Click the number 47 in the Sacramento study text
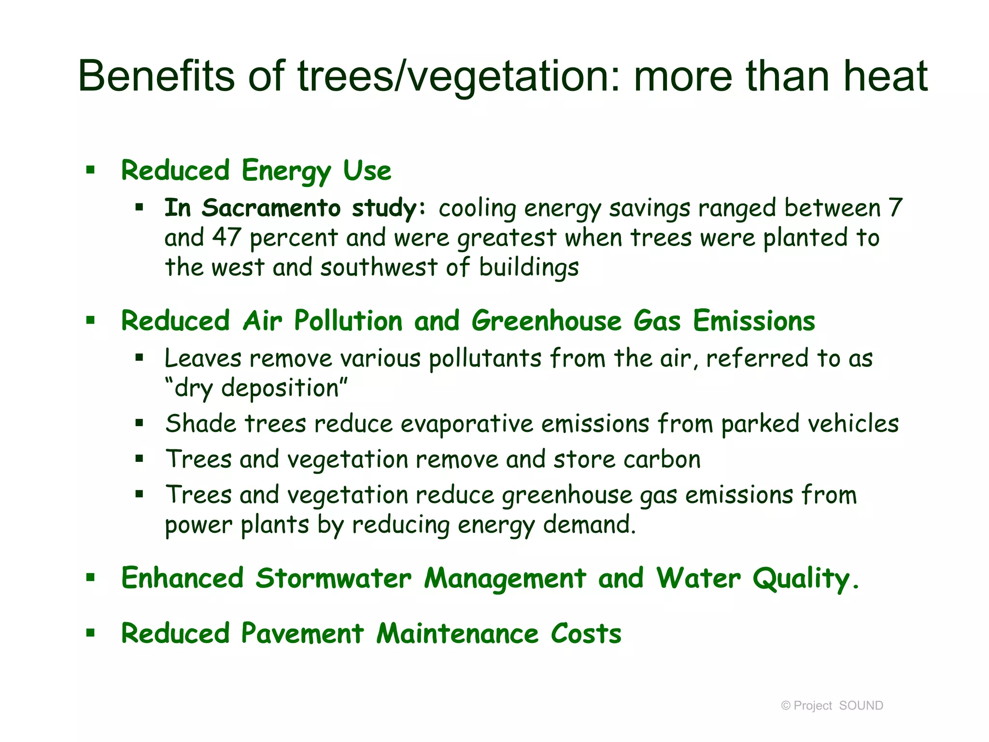click(226, 238)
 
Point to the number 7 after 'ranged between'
click(895, 208)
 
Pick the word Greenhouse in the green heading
click(546, 321)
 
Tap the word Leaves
click(203, 358)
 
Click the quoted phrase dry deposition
click(256, 388)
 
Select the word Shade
click(201, 424)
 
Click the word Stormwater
click(333, 578)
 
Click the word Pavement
click(302, 633)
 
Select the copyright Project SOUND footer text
click(832, 706)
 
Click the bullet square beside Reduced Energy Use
click(90, 170)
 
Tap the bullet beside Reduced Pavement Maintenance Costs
click(90, 632)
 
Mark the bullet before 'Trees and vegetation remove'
click(140, 459)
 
